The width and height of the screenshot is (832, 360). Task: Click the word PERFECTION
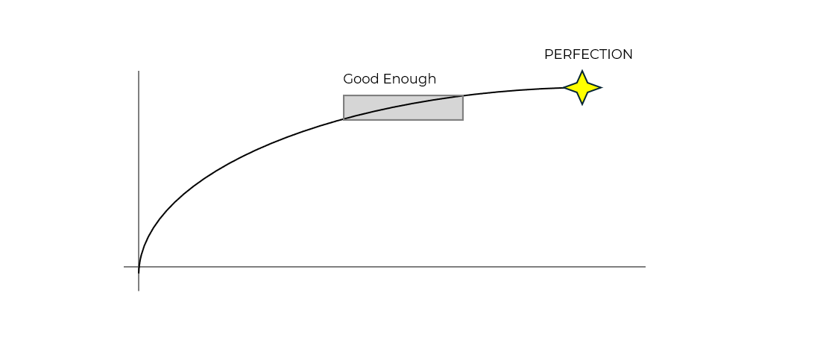click(x=588, y=54)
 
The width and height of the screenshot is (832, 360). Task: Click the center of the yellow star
click(x=582, y=88)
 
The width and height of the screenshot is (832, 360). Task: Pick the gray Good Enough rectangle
click(x=403, y=107)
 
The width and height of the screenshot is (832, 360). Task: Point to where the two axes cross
click(x=139, y=266)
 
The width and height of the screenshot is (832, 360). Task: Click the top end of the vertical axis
click(x=139, y=72)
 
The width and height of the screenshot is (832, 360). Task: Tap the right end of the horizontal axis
click(x=645, y=266)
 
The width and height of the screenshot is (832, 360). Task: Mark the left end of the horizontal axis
click(x=125, y=266)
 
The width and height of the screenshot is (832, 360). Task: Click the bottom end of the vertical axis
click(x=139, y=290)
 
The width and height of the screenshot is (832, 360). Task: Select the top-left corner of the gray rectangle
click(x=344, y=95)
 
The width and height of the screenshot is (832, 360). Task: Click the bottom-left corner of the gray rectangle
click(x=344, y=119)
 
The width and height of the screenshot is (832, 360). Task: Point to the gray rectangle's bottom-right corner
click(x=463, y=119)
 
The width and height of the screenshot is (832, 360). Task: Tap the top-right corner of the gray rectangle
click(x=463, y=95)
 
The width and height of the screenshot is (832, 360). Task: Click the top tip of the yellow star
click(x=582, y=71)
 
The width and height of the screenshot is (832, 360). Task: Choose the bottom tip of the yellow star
click(x=582, y=104)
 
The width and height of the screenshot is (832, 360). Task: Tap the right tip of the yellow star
click(x=601, y=88)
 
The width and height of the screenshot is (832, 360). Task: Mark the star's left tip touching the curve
click(x=564, y=88)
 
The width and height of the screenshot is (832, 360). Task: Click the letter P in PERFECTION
click(x=548, y=54)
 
